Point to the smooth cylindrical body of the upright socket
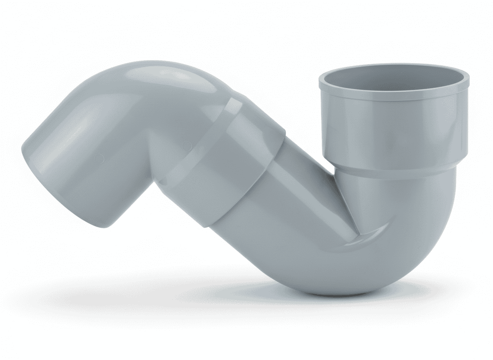tap(393, 133)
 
